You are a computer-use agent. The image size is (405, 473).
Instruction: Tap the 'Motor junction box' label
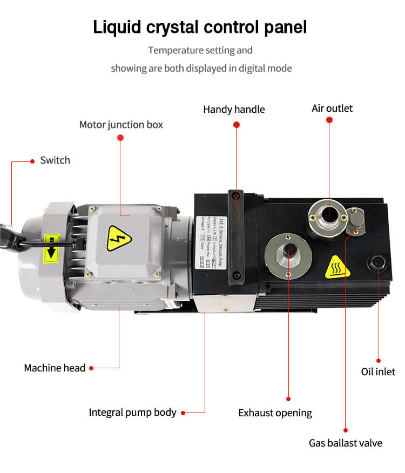tap(121, 125)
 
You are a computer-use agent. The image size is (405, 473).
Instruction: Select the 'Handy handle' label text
tap(234, 110)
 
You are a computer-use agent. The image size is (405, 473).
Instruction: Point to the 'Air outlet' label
tap(332, 109)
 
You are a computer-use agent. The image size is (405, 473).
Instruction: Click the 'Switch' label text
tap(55, 160)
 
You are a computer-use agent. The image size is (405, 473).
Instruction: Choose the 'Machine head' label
tap(55, 368)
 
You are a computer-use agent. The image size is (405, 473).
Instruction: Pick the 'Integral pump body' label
tap(132, 413)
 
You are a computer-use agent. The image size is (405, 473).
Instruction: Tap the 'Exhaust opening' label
tap(275, 413)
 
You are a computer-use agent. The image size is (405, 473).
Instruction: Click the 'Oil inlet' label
tap(378, 371)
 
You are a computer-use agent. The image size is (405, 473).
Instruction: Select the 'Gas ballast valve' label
tap(345, 443)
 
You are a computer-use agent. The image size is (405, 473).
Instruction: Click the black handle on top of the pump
tap(236, 238)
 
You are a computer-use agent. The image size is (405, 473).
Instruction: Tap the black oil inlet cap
tap(376, 263)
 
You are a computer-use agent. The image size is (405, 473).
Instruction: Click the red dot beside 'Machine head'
tap(91, 368)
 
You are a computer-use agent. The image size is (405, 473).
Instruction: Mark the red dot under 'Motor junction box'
tap(121, 138)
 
